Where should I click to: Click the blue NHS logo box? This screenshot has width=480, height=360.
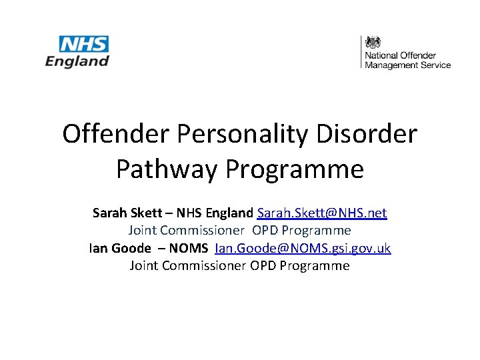pos(84,45)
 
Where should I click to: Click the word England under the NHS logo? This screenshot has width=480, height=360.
pos(77,61)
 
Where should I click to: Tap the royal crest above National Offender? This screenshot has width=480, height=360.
pos(373,41)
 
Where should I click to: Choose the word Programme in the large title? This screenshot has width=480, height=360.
pos(295,169)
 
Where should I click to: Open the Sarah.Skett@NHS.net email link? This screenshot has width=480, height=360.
pos(321,213)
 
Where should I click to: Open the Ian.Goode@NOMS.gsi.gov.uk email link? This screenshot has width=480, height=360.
pos(303,248)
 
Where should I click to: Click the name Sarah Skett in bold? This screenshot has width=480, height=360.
pos(123,213)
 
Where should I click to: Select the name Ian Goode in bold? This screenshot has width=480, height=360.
pos(120,248)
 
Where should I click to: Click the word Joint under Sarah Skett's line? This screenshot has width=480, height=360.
pos(143,231)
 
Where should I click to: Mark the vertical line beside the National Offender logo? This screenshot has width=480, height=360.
pos(361,51)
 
